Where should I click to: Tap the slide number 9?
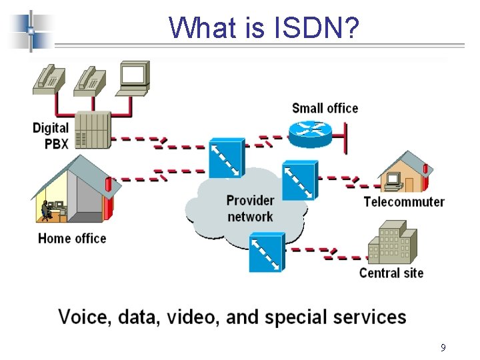(443, 347)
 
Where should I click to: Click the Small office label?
(325, 108)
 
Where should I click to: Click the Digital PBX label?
(51, 135)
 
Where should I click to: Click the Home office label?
(72, 238)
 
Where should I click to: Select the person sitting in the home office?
(45, 210)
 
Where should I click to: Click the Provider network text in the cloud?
(250, 208)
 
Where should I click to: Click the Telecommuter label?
(404, 201)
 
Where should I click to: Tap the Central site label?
(391, 272)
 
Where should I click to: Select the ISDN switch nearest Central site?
(267, 252)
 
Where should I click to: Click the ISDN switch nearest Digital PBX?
(227, 157)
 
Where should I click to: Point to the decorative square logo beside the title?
(31, 30)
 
